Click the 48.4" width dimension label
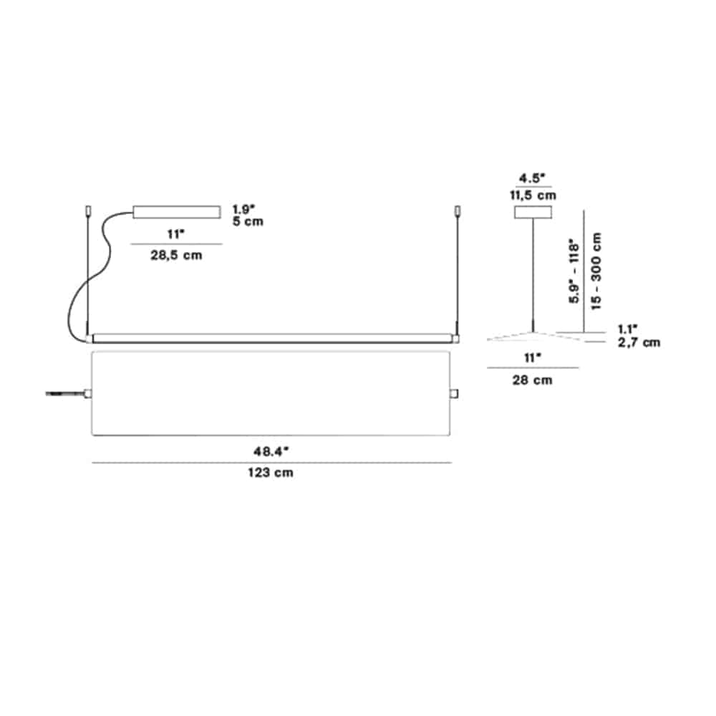[271, 451]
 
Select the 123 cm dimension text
[271, 472]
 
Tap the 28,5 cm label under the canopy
[176, 255]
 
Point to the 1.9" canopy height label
[244, 209]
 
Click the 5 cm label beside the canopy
[248, 221]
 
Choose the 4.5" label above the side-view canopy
[533, 178]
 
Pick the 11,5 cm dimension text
[533, 195]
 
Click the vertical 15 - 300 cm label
[596, 271]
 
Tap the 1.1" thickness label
[628, 329]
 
